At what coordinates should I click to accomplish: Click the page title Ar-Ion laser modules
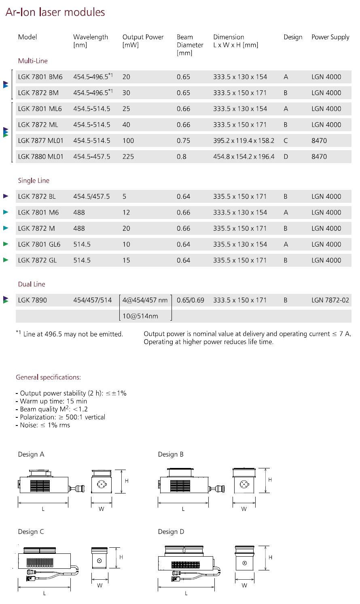[x=55, y=13]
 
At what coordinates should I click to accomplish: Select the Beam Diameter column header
[x=190, y=45]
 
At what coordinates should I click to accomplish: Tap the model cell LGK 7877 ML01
[x=41, y=140]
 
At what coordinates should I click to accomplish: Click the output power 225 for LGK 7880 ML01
[x=128, y=157]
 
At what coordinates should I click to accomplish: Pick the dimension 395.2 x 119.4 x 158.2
[x=244, y=140]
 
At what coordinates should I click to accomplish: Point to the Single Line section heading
[x=34, y=181]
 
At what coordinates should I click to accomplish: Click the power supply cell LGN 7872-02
[x=330, y=300]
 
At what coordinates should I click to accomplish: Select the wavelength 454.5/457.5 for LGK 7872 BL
[x=91, y=196]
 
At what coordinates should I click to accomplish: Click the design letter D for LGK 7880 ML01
[x=286, y=157]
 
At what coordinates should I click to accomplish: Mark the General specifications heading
[x=48, y=377]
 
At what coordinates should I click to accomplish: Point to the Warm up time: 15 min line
[x=53, y=401]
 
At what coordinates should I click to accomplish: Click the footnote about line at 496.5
[x=70, y=334]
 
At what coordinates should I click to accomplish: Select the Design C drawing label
[x=31, y=532]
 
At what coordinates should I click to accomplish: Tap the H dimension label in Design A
[x=127, y=481]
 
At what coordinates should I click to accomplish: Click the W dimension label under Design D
[x=244, y=585]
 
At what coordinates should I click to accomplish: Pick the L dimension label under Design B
[x=183, y=509]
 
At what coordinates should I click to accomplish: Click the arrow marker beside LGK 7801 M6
[x=6, y=212]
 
